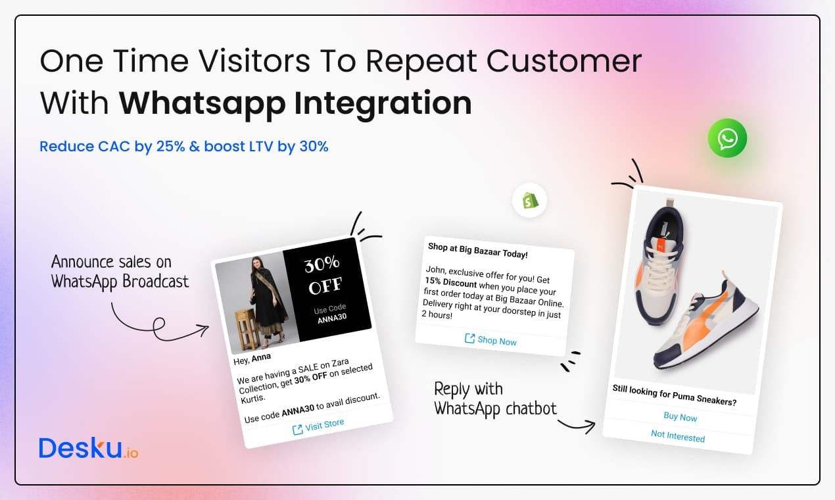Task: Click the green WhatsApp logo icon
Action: coord(727,138)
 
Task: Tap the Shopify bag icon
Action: coord(530,201)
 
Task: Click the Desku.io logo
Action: coord(89,448)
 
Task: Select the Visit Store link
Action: coord(318,426)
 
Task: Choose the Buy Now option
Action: coord(680,416)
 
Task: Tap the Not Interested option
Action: coord(678,436)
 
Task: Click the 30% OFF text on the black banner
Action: coord(323,275)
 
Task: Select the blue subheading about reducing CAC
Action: coord(184,146)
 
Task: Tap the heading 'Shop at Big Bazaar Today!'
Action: coord(477,251)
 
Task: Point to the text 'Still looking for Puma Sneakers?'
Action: coord(675,395)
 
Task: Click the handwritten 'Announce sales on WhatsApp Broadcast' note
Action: coord(120,272)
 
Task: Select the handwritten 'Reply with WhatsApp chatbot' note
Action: coord(495,399)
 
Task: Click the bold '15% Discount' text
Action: coord(450,282)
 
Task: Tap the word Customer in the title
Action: coord(564,61)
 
